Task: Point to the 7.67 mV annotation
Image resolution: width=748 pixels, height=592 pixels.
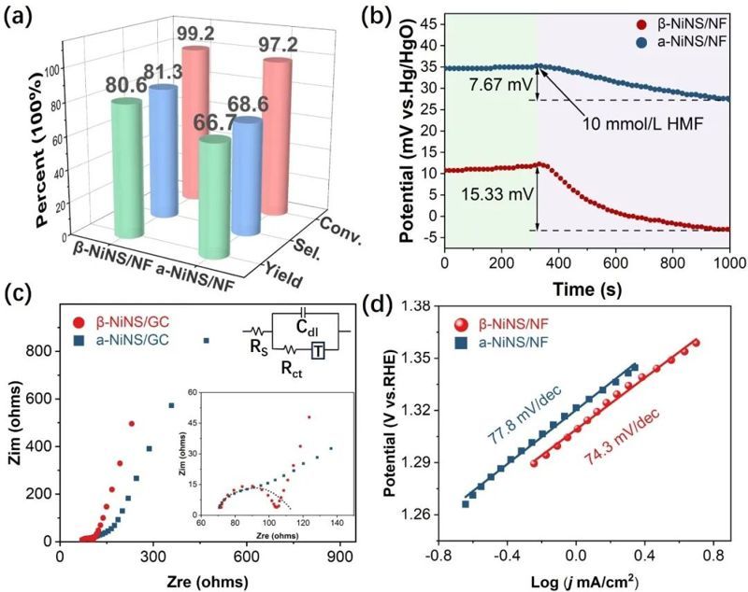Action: [x=492, y=85]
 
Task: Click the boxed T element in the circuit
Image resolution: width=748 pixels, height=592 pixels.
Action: [x=317, y=351]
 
